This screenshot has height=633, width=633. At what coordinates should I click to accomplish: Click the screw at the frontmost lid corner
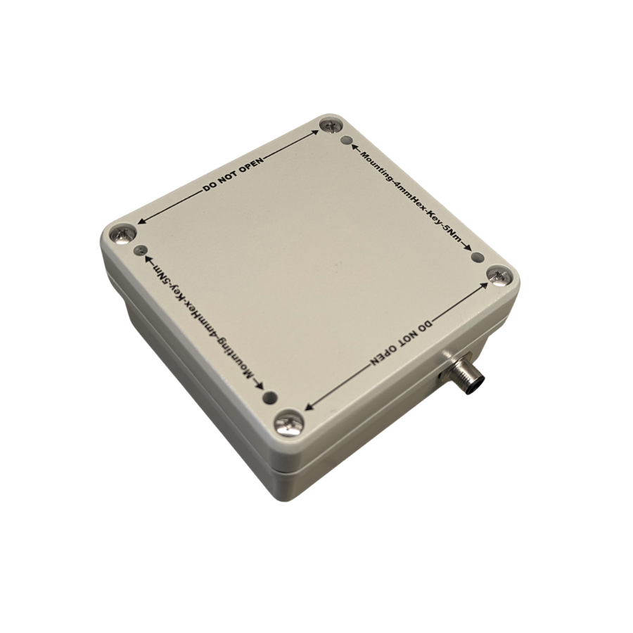click(x=288, y=422)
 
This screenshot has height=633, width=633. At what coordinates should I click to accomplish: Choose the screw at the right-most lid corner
click(x=499, y=275)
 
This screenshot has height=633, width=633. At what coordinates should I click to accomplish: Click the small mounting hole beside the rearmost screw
click(x=346, y=140)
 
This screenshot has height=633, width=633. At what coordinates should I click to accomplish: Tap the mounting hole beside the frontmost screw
click(x=271, y=397)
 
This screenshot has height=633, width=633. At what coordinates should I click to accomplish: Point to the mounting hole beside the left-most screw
click(x=140, y=250)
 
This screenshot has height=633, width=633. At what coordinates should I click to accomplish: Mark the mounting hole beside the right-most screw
click(x=478, y=257)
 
